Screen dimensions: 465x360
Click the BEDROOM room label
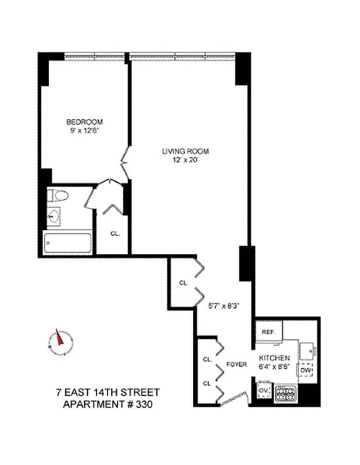84,121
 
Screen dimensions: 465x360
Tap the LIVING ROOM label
185,151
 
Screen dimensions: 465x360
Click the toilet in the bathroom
58,195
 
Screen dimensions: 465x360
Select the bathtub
67,242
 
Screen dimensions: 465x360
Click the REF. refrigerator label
268,331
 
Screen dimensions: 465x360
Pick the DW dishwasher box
305,370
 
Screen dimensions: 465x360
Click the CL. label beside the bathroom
115,234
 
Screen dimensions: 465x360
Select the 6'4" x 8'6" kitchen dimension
275,366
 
